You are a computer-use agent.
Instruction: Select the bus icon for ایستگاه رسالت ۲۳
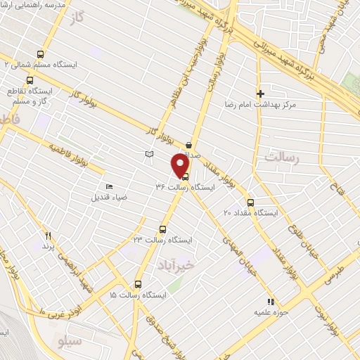point(163,229)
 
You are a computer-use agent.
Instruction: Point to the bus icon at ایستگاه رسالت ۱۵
point(138,285)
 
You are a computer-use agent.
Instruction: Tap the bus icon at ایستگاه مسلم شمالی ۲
point(40,53)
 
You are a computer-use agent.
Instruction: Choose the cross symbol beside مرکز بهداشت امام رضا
point(260,93)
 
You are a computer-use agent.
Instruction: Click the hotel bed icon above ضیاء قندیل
point(108,186)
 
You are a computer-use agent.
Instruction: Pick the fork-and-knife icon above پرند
point(49,236)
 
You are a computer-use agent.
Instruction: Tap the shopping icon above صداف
point(189,145)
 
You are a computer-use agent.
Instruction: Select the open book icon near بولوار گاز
point(148,153)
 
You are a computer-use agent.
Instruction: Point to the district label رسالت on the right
point(281,157)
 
